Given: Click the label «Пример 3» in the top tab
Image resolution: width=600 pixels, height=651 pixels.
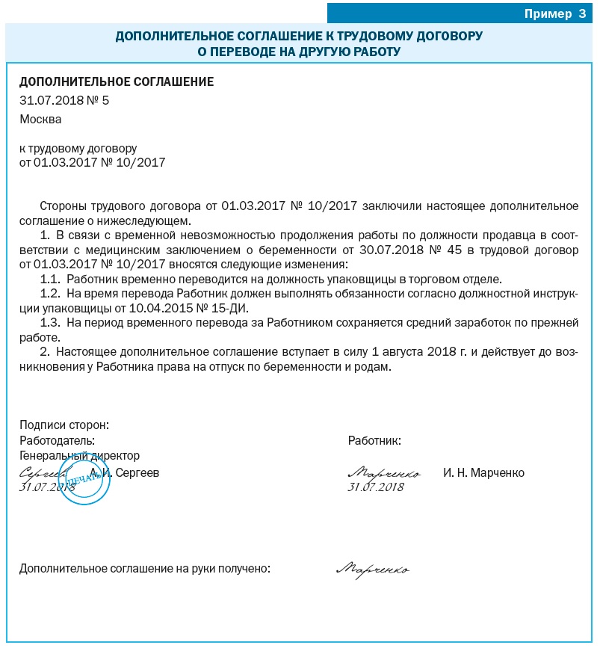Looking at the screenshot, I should (x=554, y=13).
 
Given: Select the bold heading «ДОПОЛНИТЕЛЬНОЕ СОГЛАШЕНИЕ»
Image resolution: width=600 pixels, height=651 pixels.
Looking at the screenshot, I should (x=117, y=82).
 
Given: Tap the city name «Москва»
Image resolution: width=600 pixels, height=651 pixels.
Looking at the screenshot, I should (x=40, y=119).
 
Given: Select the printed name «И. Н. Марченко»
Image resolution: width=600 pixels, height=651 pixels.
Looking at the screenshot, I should (x=483, y=473).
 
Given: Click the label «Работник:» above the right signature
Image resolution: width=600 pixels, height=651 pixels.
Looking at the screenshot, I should (x=374, y=440).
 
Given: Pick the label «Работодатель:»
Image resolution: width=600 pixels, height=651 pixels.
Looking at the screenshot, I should (x=58, y=440).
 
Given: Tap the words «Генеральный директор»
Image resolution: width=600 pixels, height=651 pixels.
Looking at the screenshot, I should (x=79, y=455).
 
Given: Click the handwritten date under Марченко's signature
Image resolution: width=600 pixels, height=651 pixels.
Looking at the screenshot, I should (x=376, y=487).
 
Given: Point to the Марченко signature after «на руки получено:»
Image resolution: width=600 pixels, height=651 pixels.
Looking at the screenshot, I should (x=373, y=570).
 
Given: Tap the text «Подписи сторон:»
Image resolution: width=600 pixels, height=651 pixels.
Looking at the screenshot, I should (x=64, y=425).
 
